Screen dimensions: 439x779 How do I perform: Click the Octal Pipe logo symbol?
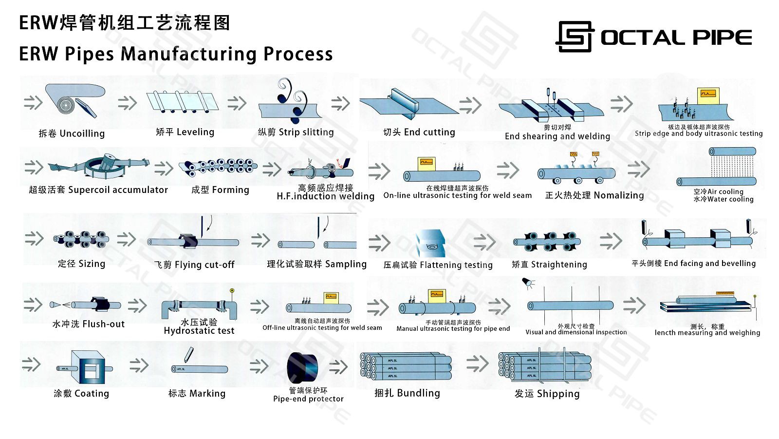pyautogui.click(x=575, y=37)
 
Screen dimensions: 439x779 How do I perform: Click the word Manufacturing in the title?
pyautogui.click(x=188, y=54)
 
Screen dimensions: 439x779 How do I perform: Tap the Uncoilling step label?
pyautogui.click(x=72, y=134)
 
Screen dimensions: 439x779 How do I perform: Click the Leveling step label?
pyautogui.click(x=185, y=132)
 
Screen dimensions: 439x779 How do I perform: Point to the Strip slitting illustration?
pyautogui.click(x=291, y=104)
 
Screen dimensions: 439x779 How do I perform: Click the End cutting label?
pyautogui.click(x=419, y=132)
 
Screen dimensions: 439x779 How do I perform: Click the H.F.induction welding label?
pyautogui.click(x=325, y=196)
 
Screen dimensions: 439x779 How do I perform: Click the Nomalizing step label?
pyautogui.click(x=594, y=195)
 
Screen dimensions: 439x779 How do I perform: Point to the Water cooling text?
pyautogui.click(x=723, y=199)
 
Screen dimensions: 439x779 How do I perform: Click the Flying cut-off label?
pyautogui.click(x=195, y=265)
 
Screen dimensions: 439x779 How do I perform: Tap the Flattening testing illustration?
pyautogui.click(x=431, y=244)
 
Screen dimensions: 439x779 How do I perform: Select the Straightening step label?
pyautogui.click(x=549, y=265)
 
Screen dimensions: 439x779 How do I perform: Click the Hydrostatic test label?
pyautogui.click(x=199, y=331)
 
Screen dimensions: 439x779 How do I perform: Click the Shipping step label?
pyautogui.click(x=547, y=394)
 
